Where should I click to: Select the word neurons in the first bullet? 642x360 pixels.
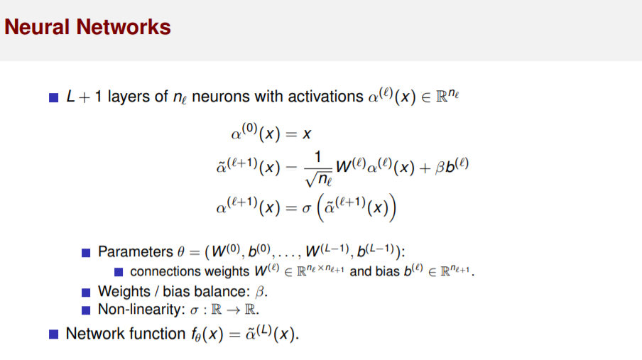[x=222, y=97]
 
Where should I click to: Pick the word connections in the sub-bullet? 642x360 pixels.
[x=165, y=271]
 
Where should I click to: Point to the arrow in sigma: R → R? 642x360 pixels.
[x=231, y=310]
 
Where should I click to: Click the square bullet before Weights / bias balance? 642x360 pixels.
[x=86, y=292]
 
